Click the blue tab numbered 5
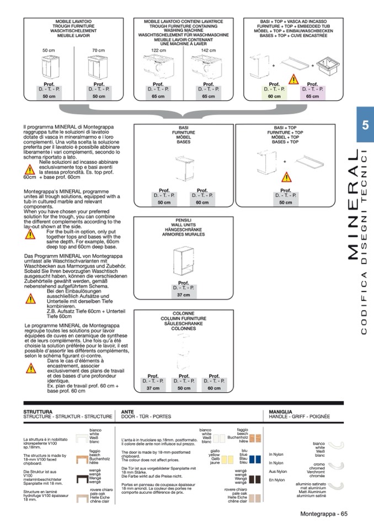365,125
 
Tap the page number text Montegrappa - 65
323,515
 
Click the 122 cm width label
158,50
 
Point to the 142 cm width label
208,50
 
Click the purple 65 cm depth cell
312,96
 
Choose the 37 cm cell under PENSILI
183,295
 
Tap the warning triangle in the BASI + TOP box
285,177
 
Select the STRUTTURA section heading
38,412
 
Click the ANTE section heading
127,412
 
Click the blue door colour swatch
254,458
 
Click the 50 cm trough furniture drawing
49,67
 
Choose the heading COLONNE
183,313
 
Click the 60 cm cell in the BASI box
202,202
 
